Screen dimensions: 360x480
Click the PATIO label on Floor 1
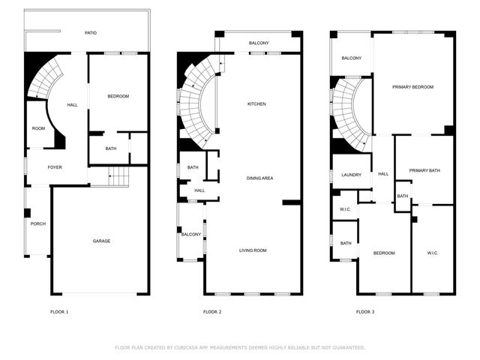(91, 33)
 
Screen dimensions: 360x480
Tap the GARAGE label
(101, 241)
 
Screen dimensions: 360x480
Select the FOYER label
(55, 167)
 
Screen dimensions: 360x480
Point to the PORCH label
(37, 223)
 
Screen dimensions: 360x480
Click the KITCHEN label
(257, 103)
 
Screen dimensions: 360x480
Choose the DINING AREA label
(259, 178)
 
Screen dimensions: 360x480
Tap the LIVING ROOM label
(253, 250)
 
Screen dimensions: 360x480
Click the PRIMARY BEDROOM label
(412, 87)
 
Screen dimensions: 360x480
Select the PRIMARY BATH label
(424, 170)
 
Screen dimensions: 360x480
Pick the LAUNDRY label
(351, 175)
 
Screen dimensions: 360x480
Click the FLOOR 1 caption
(59, 311)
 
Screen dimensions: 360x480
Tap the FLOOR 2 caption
(212, 311)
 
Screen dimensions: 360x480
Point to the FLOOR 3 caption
(365, 311)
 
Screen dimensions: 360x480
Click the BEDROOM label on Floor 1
(118, 96)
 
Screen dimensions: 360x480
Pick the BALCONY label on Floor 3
(352, 58)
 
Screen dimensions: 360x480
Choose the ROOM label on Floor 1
(38, 128)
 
